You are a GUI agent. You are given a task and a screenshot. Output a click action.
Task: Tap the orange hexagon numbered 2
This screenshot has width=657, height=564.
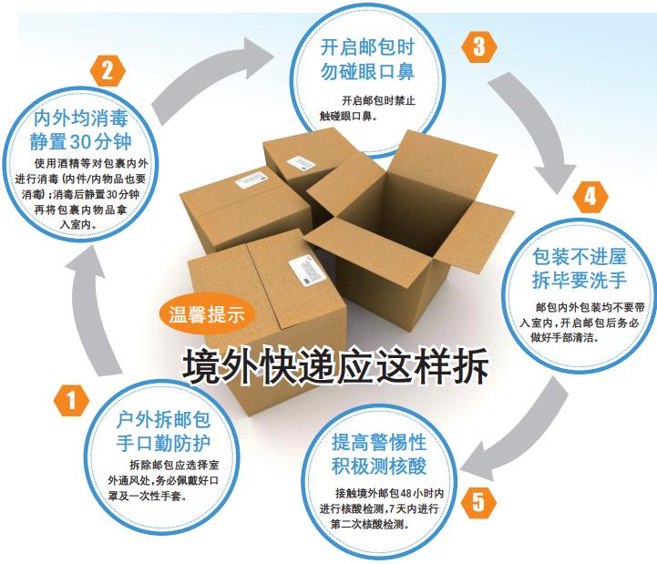(x=108, y=69)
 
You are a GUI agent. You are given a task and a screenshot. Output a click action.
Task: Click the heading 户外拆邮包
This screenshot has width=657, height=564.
(x=164, y=421)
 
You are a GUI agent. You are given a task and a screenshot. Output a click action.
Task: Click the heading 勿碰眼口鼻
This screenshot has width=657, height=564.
(x=365, y=69)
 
